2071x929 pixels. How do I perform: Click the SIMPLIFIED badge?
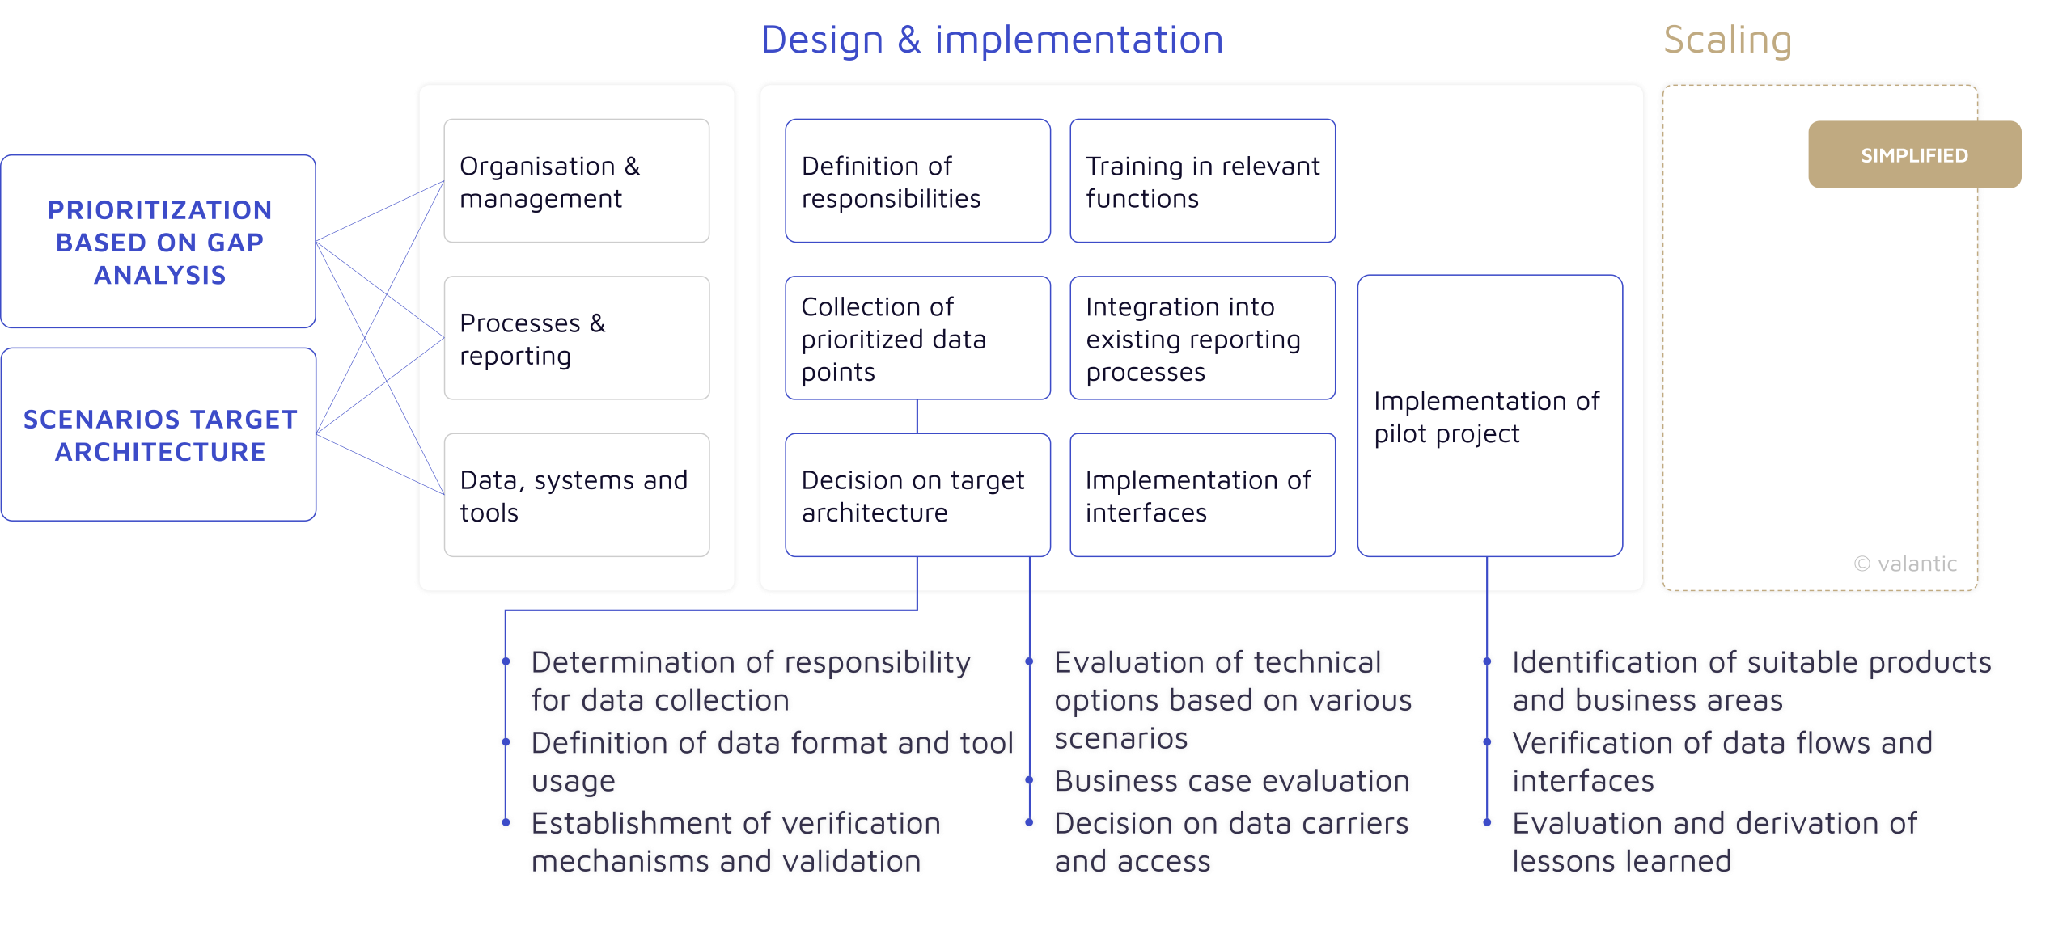click(x=1914, y=154)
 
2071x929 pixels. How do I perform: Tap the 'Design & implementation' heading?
click(x=992, y=40)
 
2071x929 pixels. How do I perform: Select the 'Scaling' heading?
click(x=1727, y=40)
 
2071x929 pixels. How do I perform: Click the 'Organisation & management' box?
click(x=576, y=181)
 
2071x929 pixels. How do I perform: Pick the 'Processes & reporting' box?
click(x=576, y=338)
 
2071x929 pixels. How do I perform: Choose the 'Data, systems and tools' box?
click(x=576, y=495)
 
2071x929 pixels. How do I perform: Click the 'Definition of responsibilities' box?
click(x=917, y=181)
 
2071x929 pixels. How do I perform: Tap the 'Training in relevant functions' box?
click(x=1202, y=181)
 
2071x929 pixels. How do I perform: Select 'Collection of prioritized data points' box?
click(x=917, y=338)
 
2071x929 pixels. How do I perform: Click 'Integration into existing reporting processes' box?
click(x=1202, y=338)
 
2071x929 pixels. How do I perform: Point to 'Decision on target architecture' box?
click(x=917, y=495)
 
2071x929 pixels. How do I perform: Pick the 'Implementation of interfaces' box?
click(x=1202, y=495)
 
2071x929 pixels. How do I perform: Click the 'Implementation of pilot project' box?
click(x=1489, y=416)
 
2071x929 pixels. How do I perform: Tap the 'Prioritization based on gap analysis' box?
click(x=159, y=242)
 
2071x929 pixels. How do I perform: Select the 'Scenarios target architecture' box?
click(x=159, y=434)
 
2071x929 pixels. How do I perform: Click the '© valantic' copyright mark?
click(x=1905, y=564)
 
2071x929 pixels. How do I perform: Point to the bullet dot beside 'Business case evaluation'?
click(x=1029, y=779)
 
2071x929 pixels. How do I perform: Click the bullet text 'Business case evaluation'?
click(x=1232, y=781)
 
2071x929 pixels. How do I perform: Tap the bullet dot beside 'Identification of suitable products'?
click(x=1487, y=661)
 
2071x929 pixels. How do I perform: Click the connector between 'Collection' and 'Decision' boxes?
click(x=917, y=416)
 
